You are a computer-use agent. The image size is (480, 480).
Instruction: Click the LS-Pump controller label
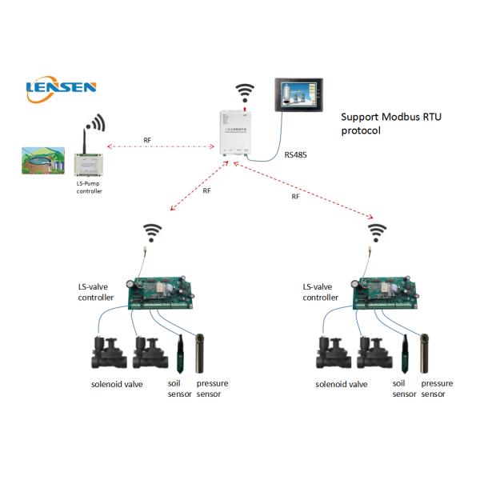(x=90, y=188)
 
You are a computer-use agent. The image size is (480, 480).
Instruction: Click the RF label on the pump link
(x=147, y=142)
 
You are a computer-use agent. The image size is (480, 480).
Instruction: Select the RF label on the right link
(x=296, y=196)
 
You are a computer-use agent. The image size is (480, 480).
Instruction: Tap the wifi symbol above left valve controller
(x=152, y=233)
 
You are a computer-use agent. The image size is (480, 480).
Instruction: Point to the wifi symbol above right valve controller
(x=377, y=233)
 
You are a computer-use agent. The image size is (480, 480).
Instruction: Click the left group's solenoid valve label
(x=118, y=385)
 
